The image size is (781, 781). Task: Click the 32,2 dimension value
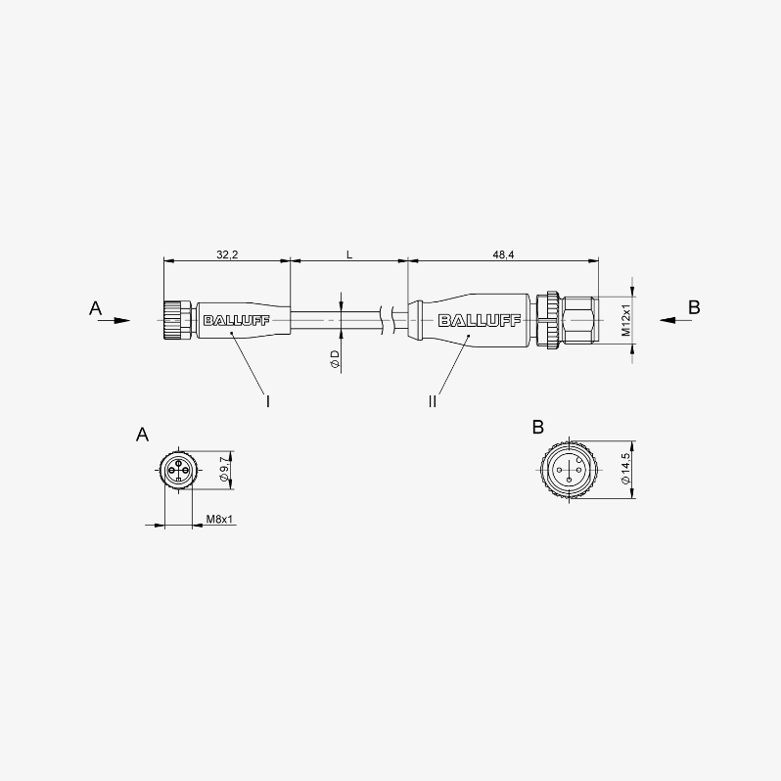227,254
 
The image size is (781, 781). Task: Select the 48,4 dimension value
504,254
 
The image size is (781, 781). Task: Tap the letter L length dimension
349,254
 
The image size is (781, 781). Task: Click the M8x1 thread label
219,519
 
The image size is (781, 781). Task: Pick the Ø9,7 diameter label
224,469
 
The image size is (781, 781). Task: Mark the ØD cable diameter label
335,358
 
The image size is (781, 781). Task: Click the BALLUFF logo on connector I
236,320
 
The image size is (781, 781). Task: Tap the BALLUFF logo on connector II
480,320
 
